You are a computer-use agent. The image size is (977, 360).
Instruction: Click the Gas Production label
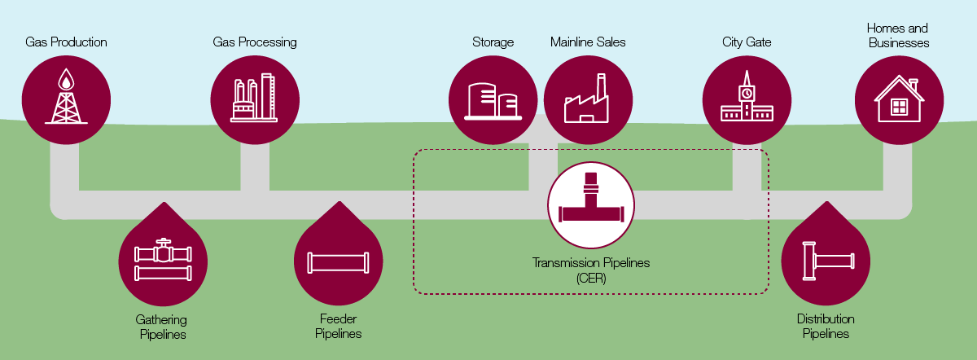(66, 42)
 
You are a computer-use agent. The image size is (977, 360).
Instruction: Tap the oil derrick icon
(66, 98)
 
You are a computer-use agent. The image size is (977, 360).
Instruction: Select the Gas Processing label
(255, 42)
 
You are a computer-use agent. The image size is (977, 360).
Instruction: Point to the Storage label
(493, 42)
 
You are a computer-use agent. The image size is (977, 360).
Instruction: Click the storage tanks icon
(493, 100)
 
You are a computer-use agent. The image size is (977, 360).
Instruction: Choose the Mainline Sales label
(588, 42)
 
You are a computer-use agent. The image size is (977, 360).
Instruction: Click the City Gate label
(747, 42)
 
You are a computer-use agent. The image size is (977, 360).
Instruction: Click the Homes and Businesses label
(899, 35)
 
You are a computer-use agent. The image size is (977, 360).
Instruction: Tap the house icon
(899, 99)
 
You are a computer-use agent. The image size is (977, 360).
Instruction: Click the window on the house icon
(899, 107)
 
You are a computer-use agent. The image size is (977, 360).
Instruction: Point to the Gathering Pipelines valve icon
(164, 259)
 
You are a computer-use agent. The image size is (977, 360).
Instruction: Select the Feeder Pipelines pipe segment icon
(338, 262)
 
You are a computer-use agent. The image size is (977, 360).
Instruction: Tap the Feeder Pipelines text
(338, 326)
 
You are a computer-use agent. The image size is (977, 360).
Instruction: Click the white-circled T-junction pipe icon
(592, 204)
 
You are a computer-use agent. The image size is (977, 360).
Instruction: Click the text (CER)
(592, 277)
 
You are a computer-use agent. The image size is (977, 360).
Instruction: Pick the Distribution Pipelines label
(826, 326)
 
